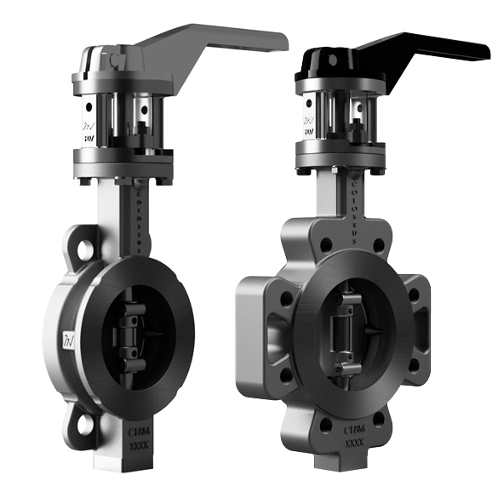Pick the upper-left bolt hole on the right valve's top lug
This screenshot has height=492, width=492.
click(x=325, y=243)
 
